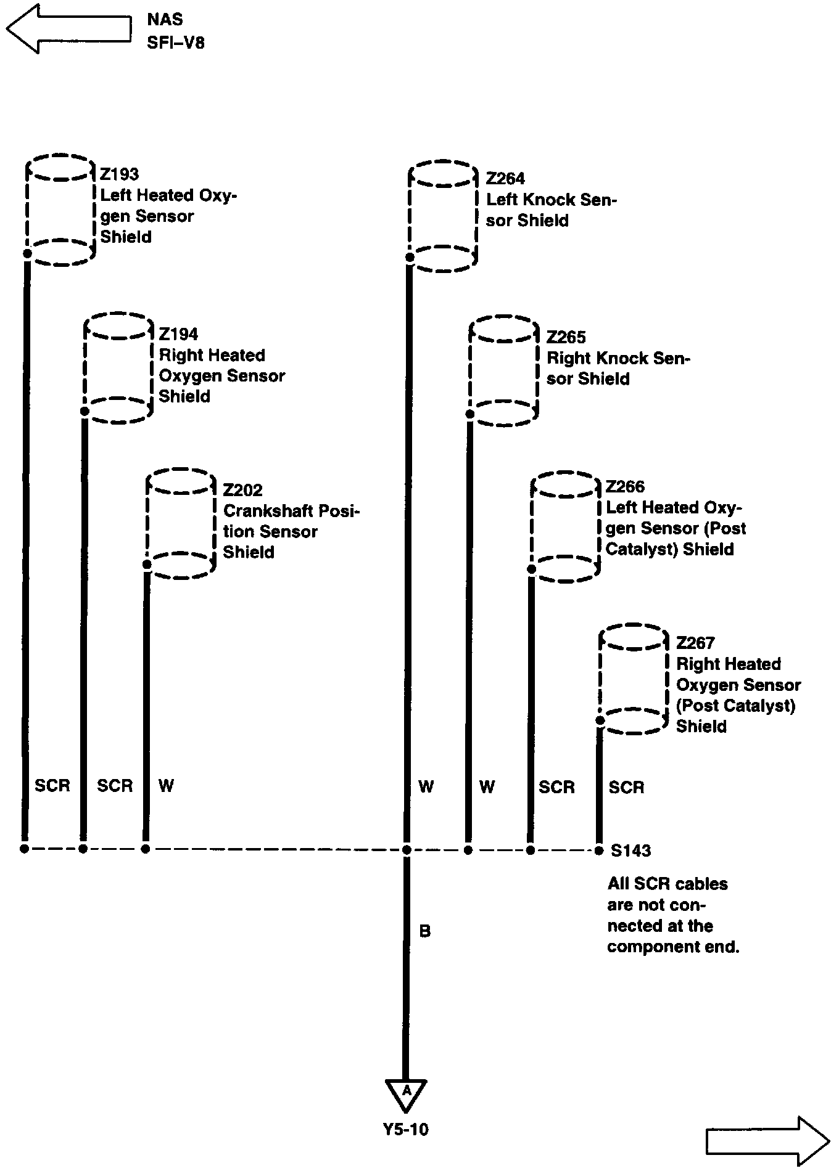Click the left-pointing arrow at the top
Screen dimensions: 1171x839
[x=68, y=28]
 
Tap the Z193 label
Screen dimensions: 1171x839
[x=119, y=174]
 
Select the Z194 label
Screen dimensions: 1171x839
[x=178, y=334]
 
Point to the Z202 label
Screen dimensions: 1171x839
[x=242, y=490]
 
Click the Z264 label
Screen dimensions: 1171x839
[x=505, y=179]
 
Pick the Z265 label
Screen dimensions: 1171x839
[x=566, y=337]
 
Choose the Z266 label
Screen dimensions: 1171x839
[x=625, y=487]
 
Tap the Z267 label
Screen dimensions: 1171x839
[x=695, y=643]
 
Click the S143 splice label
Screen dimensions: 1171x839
[x=630, y=851]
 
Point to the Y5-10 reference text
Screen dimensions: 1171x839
[x=405, y=1129]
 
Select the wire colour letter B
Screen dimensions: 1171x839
[x=424, y=931]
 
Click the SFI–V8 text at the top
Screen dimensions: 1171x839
[x=176, y=43]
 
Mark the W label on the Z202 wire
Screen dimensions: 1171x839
[x=166, y=786]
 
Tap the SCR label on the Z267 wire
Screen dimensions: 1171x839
[x=626, y=787]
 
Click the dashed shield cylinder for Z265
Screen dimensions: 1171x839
[x=503, y=371]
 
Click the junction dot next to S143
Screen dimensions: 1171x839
[x=598, y=851]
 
